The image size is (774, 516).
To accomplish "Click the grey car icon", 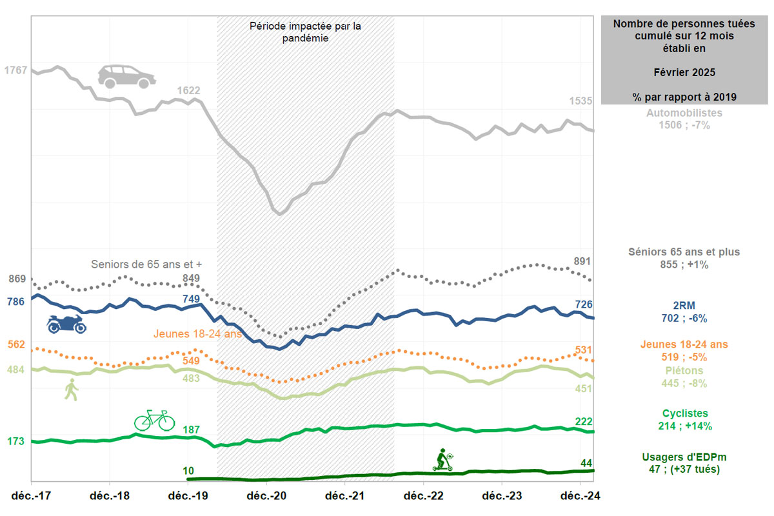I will click(x=127, y=76).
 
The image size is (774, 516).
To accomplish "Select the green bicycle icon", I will click(x=154, y=420).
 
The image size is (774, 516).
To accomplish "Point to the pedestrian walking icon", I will click(x=71, y=390).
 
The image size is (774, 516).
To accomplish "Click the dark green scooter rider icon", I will click(x=443, y=460).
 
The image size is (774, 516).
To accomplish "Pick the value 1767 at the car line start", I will click(x=15, y=70).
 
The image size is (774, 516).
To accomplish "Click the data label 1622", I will click(x=188, y=91).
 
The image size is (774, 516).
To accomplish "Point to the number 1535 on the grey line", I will click(x=580, y=101).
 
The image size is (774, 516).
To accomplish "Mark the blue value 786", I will click(x=15, y=301).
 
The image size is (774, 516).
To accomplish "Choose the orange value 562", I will click(x=15, y=344).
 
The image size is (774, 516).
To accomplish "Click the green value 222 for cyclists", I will click(x=584, y=421).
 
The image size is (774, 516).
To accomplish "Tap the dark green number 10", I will click(x=188, y=471).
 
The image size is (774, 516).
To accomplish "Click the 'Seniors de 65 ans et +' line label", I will click(x=151, y=264).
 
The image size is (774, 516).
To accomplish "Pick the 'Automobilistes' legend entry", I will click(x=684, y=113).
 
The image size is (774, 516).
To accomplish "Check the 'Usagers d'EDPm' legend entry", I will click(x=684, y=457).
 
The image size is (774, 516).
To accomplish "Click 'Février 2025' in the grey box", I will click(x=684, y=72).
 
